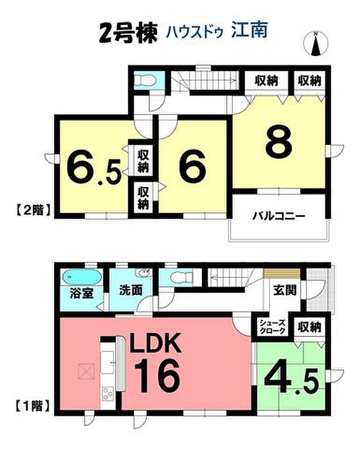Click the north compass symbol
316,43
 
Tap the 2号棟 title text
129,33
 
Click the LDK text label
156,343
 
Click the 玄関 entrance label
285,290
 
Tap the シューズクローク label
273,327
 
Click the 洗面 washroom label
131,290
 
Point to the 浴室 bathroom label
82,293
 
